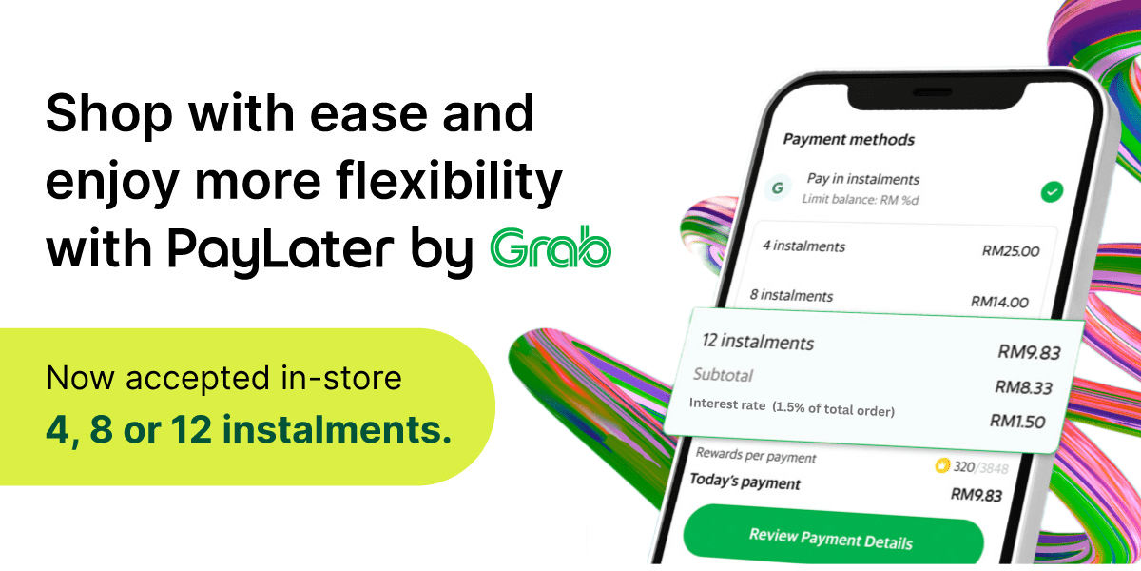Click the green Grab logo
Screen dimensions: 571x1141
coord(551,248)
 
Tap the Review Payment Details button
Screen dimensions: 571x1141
coord(832,539)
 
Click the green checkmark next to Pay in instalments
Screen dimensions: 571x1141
coord(1051,193)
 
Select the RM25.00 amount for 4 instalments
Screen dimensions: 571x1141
coord(1011,252)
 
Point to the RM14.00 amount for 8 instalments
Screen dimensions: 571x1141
coord(999,302)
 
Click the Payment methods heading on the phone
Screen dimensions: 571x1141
coord(848,140)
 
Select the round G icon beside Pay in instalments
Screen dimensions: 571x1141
coord(778,187)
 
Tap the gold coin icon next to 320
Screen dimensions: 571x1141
coord(941,465)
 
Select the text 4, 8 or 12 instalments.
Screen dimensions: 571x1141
coord(248,430)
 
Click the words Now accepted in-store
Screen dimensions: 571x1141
coord(223,379)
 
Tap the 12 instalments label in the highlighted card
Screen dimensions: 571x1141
coord(758,341)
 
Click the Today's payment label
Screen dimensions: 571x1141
coord(745,482)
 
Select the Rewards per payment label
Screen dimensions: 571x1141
coord(756,456)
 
